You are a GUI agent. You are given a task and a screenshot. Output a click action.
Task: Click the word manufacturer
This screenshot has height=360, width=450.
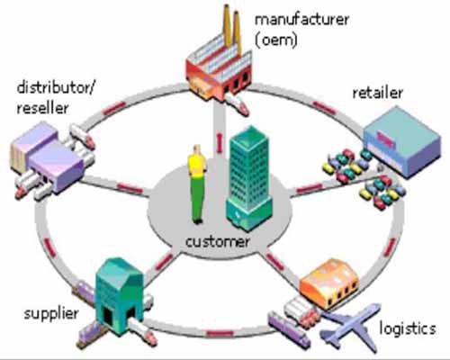pyautogui.click(x=301, y=20)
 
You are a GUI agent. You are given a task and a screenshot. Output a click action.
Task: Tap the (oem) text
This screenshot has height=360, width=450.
pyautogui.click(x=276, y=40)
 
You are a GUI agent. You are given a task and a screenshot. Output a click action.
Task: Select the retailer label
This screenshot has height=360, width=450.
pyautogui.click(x=377, y=93)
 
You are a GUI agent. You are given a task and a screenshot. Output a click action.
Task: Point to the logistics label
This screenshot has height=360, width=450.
pyautogui.click(x=408, y=328)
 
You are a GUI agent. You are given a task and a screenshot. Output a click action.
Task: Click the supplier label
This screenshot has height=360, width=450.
pyautogui.click(x=51, y=314)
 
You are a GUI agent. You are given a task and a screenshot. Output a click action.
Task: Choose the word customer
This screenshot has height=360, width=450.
pyautogui.click(x=218, y=241)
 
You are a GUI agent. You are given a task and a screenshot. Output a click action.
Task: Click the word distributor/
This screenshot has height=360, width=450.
pyautogui.click(x=56, y=87)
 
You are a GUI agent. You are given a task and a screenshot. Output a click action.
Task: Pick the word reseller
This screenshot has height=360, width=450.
pyautogui.click(x=42, y=108)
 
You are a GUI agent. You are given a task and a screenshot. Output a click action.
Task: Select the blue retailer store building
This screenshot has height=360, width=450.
pyautogui.click(x=403, y=141)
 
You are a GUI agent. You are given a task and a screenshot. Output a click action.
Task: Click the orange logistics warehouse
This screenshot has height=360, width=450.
pyautogui.click(x=329, y=283)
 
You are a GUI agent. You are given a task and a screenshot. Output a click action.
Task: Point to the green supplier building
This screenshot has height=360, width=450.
pyautogui.click(x=120, y=295)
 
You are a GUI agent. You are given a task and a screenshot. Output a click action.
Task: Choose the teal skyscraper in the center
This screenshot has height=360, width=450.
pyautogui.click(x=249, y=178)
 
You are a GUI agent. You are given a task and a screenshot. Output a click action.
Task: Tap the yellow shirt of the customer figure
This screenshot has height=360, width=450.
pyautogui.click(x=196, y=165)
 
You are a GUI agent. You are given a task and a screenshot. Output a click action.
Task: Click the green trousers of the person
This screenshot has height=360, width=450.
pyautogui.click(x=197, y=198)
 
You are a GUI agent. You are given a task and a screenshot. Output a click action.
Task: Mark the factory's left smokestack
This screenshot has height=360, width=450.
pyautogui.click(x=228, y=25)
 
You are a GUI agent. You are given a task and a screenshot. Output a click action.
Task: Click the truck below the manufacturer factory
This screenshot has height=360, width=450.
pyautogui.click(x=238, y=104)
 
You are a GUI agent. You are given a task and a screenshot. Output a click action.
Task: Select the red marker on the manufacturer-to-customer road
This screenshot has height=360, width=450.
pyautogui.click(x=220, y=142)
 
